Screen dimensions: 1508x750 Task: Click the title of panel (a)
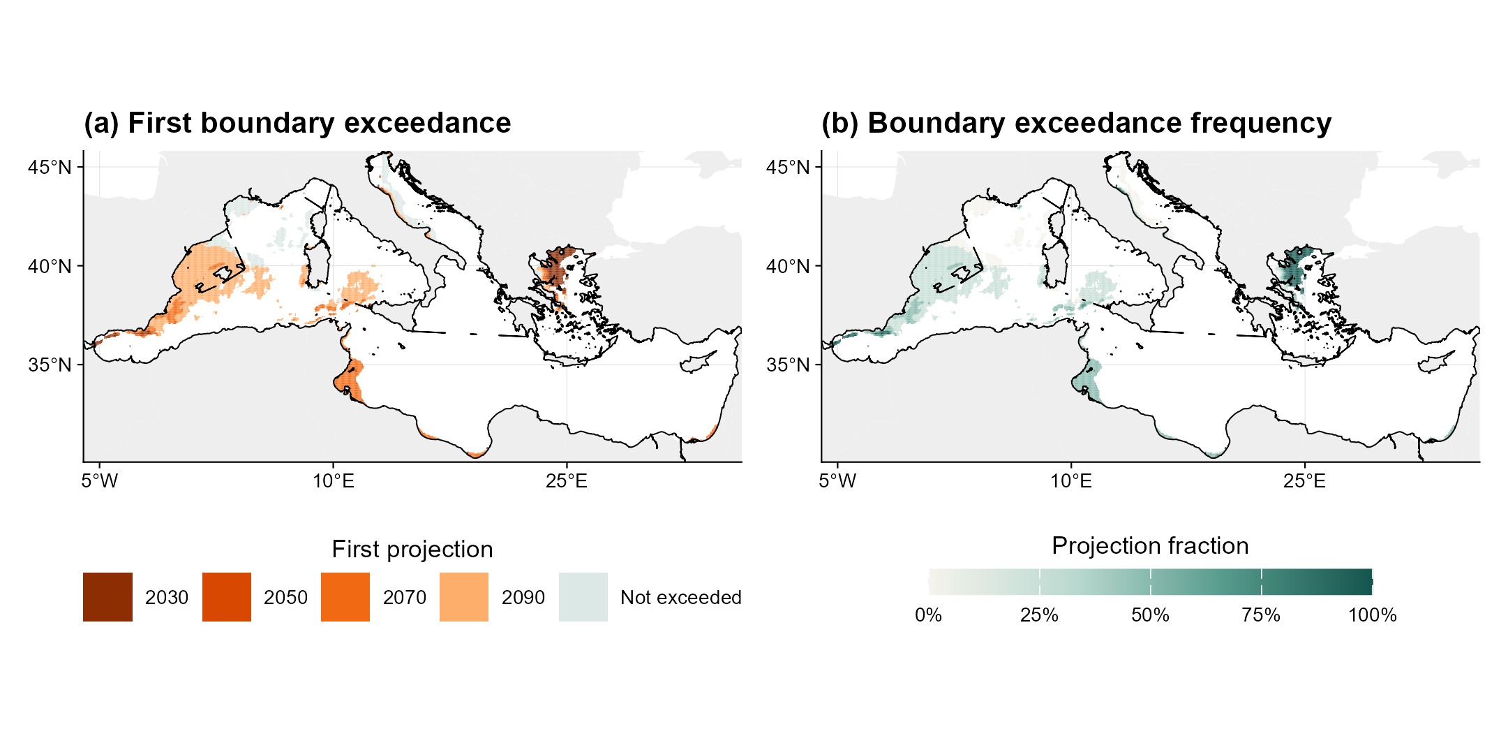[x=297, y=123]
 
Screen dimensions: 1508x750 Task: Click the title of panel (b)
[x=1076, y=123]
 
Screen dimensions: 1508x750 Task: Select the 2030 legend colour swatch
[x=107, y=597]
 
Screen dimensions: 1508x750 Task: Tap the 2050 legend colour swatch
[x=227, y=597]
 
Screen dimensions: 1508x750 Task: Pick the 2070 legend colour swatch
[x=345, y=597]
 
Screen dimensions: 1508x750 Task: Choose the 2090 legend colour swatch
[x=464, y=597]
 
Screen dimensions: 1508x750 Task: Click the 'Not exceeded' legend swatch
[x=583, y=597]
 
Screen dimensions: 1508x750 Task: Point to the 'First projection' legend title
[x=412, y=550]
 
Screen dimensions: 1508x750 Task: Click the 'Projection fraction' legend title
[x=1150, y=545]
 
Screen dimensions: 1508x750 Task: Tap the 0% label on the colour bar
[x=928, y=615]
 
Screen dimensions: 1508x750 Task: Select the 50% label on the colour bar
[x=1150, y=615]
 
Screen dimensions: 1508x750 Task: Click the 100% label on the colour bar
[x=1373, y=615]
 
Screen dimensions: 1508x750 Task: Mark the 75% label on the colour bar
[x=1261, y=615]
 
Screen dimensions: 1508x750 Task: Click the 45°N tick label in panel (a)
[x=50, y=168]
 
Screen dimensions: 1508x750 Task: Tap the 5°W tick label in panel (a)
[x=100, y=481]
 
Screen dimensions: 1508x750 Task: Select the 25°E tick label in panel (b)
[x=1304, y=481]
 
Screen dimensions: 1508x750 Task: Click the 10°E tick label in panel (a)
[x=333, y=481]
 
